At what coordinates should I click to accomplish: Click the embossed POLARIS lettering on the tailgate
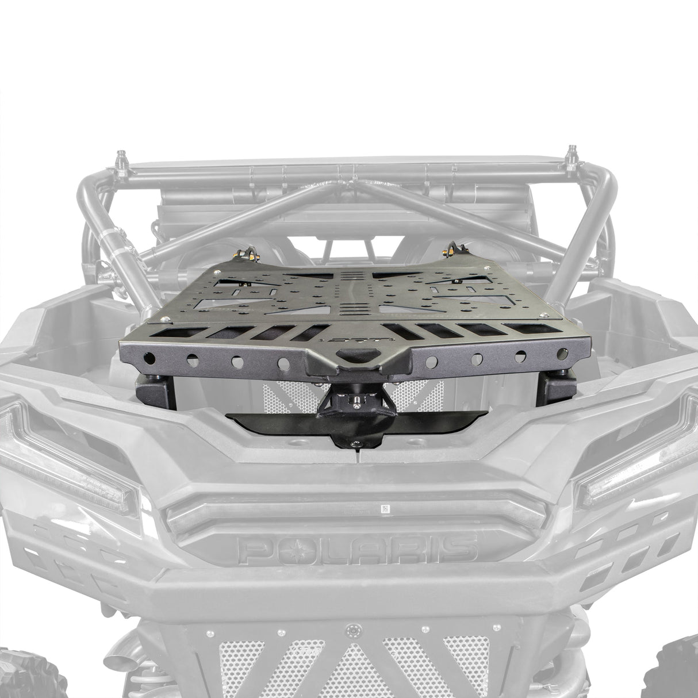[x=357, y=548]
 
